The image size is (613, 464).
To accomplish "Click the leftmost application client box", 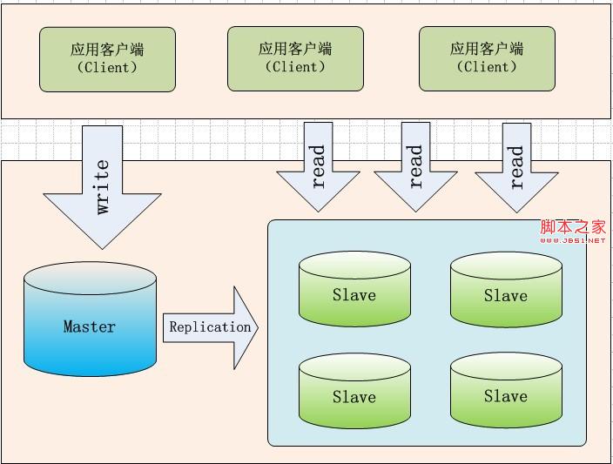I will point(107,58).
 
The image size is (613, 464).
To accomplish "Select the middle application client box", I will point(295,58).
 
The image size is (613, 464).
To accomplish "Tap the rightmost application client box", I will point(487,58).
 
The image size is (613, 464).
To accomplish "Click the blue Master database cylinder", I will point(91,322).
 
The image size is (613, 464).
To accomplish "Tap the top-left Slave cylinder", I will point(354,291).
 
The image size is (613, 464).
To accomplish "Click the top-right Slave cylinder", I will point(506,291).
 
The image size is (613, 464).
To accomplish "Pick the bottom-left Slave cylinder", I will point(354,392).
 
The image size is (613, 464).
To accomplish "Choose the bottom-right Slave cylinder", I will point(506,392).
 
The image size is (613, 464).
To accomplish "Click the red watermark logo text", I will point(572,229).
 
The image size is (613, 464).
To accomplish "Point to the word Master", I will point(90,326).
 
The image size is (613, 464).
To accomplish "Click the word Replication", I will point(210,327).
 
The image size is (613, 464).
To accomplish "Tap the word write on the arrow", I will point(103,187).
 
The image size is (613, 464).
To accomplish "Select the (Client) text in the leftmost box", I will point(107,67).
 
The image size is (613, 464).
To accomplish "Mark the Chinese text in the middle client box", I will point(295,49).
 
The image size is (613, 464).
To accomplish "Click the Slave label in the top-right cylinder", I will point(506,295).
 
